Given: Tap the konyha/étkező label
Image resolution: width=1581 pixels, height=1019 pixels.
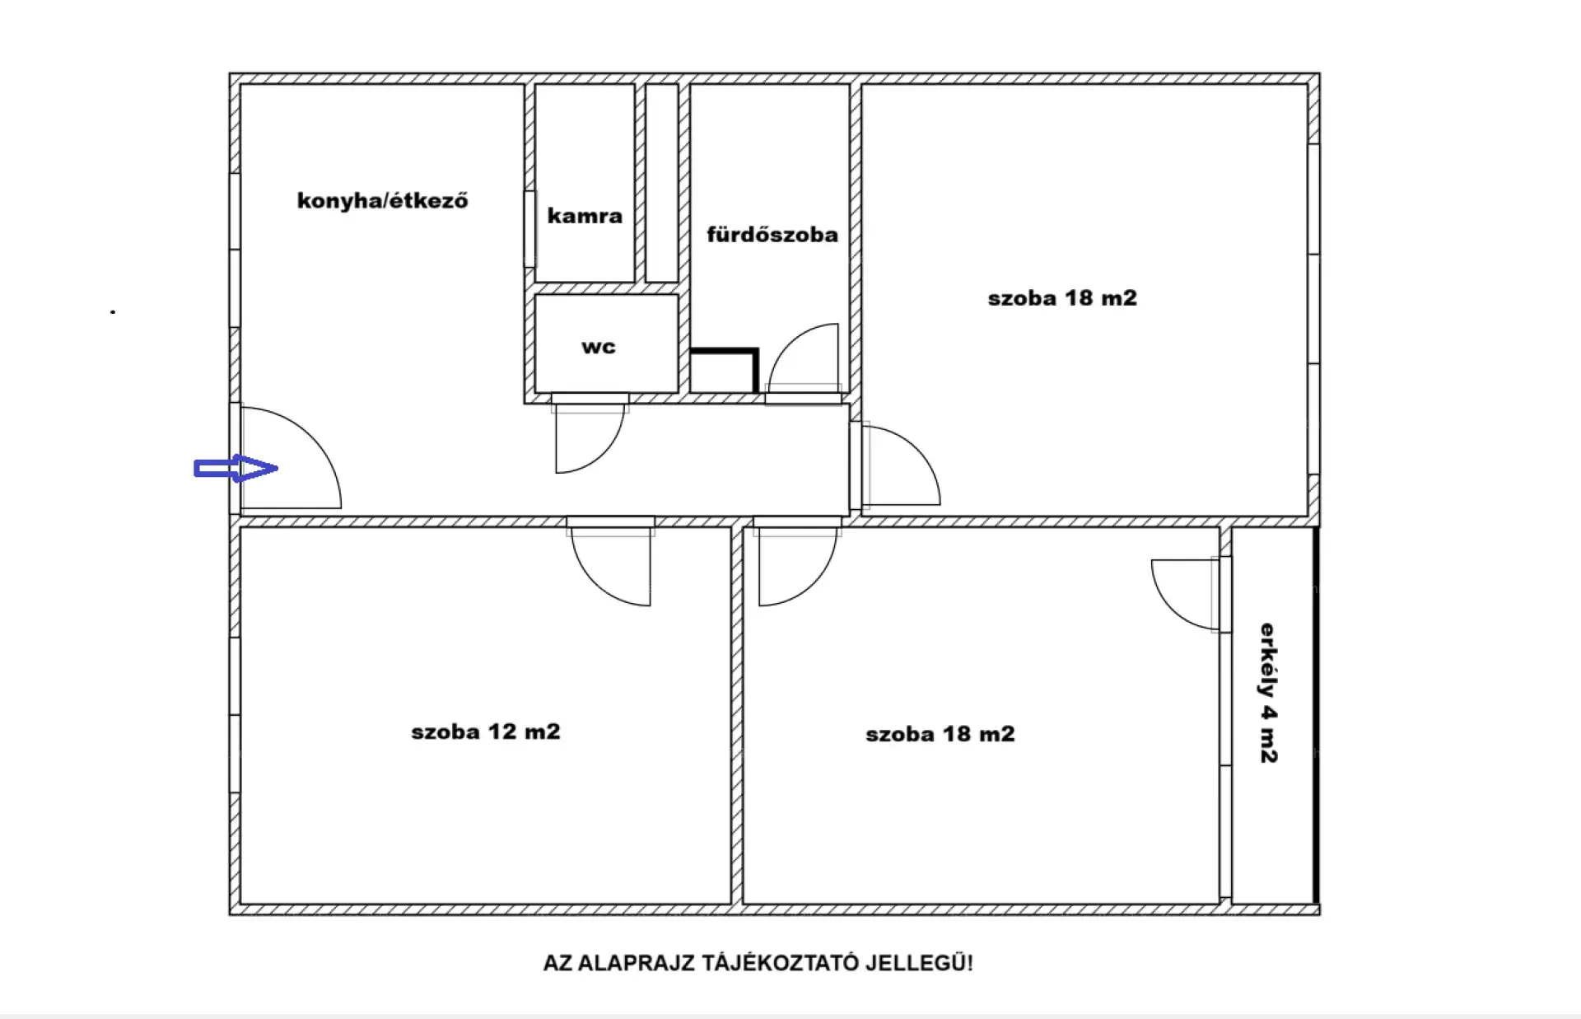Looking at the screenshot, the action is pos(383,201).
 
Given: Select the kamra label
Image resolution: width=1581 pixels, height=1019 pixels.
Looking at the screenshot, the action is pos(585,216).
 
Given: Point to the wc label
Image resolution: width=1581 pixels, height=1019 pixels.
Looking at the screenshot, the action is pos(599,347).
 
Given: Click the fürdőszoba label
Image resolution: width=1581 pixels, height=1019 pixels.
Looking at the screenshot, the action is pos(772,235).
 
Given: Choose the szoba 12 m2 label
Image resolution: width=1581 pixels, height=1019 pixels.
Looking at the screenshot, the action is pos(486,732).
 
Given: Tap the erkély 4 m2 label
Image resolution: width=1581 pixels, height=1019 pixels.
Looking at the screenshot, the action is pos(1268,693).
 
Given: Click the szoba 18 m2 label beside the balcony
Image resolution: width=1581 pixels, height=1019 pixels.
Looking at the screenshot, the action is pos(940,734).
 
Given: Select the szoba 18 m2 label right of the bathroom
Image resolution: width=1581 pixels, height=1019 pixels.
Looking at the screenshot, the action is pos(1062,298).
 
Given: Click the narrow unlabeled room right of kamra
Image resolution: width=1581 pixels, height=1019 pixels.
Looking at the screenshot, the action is pos(662,183).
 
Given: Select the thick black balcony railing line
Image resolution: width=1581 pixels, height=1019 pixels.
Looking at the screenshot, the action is pos(1316,715).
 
